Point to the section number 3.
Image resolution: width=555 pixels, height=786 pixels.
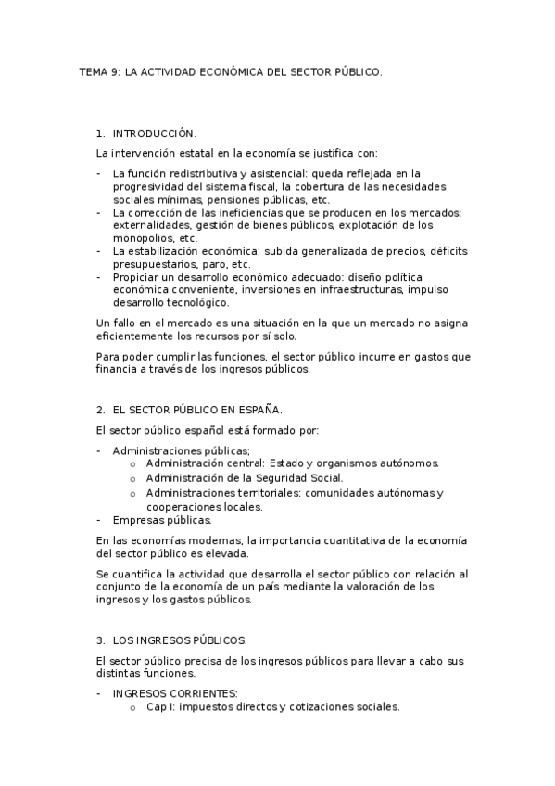pyautogui.click(x=100, y=640)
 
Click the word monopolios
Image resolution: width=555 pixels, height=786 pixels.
pyautogui.click(x=141, y=238)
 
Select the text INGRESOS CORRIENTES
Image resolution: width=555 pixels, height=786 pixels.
pyautogui.click(x=174, y=693)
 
